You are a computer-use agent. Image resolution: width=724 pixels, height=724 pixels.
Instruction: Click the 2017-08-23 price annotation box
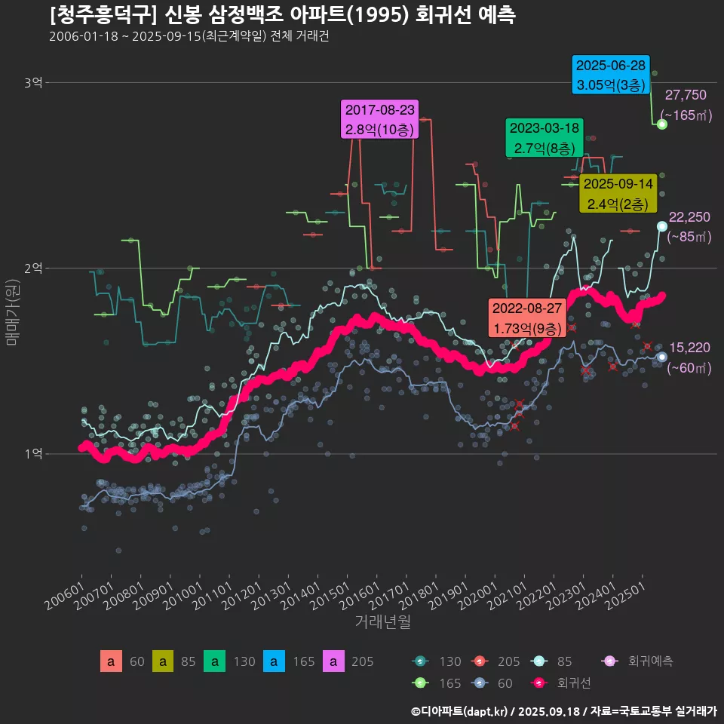pyautogui.click(x=380, y=119)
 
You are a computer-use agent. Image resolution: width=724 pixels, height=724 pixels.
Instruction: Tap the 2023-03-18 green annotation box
pyautogui.click(x=543, y=138)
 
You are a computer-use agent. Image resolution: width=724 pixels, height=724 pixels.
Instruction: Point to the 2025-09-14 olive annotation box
pyautogui.click(x=618, y=193)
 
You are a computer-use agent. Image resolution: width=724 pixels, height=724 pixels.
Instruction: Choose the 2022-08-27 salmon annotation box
pyautogui.click(x=527, y=318)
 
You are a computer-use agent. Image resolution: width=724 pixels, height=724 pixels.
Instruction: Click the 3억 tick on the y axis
pyautogui.click(x=33, y=83)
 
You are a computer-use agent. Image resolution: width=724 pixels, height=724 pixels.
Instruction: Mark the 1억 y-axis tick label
pyautogui.click(x=33, y=454)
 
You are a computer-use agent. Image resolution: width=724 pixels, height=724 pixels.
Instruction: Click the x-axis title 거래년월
pyautogui.click(x=382, y=622)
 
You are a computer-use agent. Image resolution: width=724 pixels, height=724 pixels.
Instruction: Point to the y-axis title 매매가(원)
pyautogui.click(x=12, y=314)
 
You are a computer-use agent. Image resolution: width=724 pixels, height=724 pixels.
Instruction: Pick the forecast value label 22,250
pyautogui.click(x=689, y=217)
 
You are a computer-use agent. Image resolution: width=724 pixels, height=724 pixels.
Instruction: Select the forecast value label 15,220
pyautogui.click(x=689, y=348)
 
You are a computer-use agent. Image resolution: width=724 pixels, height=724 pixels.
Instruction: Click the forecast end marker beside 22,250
pyautogui.click(x=662, y=226)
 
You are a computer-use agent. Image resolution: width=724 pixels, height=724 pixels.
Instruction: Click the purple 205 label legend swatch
pyautogui.click(x=333, y=662)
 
